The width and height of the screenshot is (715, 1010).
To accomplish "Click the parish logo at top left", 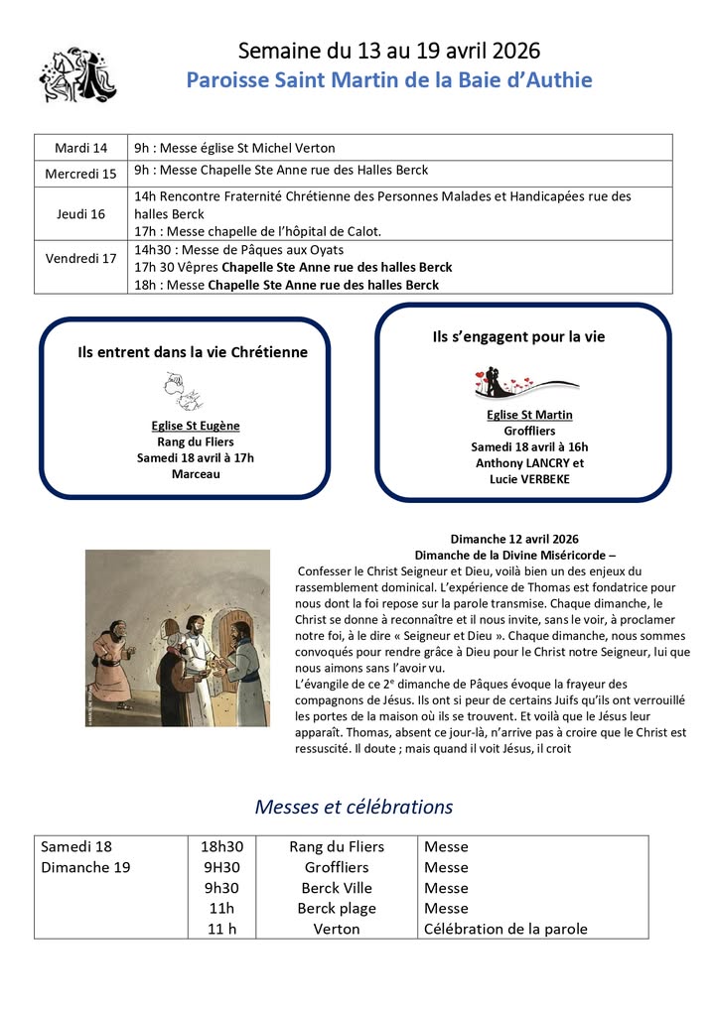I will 77,73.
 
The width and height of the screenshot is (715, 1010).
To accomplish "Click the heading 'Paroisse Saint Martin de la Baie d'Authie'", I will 389,80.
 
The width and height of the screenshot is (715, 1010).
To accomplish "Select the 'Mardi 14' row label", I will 81,149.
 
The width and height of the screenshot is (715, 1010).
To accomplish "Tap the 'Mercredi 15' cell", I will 81,173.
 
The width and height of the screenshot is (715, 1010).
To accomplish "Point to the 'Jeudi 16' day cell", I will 81,213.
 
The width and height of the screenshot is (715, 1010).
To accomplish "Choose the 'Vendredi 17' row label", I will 81,259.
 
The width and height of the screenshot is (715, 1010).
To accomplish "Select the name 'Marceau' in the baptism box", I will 196,473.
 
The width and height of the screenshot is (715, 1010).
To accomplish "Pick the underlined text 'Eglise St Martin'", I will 529,415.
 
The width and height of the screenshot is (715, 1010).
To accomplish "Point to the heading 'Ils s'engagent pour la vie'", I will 518,336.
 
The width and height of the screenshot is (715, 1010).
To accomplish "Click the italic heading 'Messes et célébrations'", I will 354,807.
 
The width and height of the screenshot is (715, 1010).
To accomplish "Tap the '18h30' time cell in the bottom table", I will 221,847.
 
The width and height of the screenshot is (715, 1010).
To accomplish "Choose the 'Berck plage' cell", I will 337,909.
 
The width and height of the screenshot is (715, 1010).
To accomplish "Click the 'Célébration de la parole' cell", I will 505,930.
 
